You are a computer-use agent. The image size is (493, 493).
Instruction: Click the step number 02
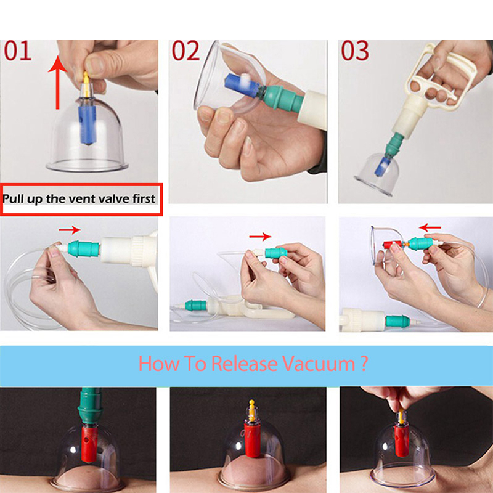[185, 51]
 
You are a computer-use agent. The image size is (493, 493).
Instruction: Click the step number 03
[355, 51]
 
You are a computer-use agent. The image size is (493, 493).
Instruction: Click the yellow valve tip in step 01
[86, 79]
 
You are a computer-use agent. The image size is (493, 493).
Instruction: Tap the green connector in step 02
[283, 95]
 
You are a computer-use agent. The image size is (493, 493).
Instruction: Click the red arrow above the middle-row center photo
[262, 236]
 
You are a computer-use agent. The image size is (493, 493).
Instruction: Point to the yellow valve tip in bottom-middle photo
[251, 407]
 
